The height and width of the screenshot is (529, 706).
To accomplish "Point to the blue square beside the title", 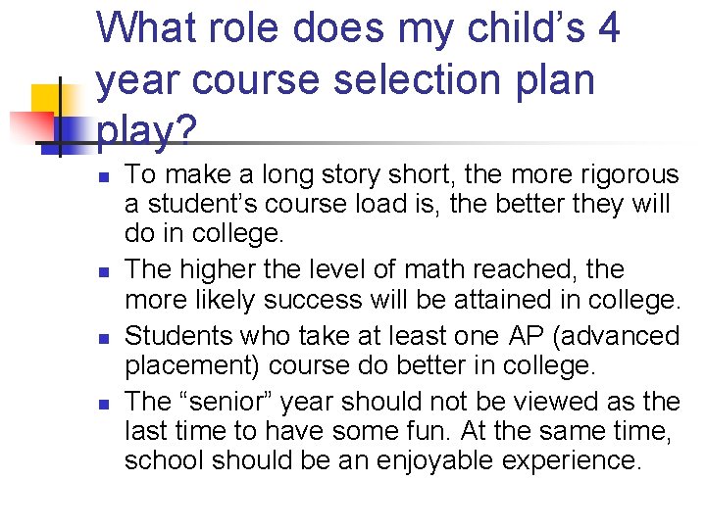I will click(72, 130).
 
